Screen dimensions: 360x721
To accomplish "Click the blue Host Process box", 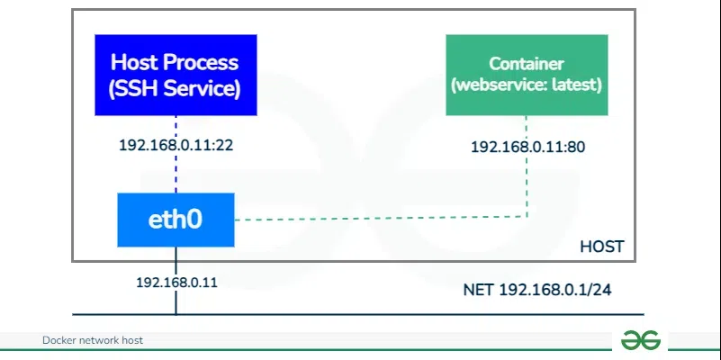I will click(176, 75).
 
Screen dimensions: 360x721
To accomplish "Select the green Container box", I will click(526, 75).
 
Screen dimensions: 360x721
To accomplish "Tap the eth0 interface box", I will click(176, 220).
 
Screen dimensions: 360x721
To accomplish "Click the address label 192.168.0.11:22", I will click(176, 144).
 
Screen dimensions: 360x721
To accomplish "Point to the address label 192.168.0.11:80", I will click(527, 145).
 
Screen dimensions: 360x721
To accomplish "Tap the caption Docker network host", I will click(93, 340).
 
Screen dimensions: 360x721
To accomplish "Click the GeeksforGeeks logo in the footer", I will click(641, 340).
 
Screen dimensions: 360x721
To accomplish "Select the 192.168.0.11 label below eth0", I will click(176, 282).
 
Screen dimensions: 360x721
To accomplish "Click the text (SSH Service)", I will click(176, 88).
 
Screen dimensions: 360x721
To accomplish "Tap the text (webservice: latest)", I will click(527, 85).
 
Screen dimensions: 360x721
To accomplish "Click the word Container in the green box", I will click(527, 64).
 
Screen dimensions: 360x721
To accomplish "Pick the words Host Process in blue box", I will click(176, 62).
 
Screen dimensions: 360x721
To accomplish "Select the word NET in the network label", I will click(479, 290).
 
